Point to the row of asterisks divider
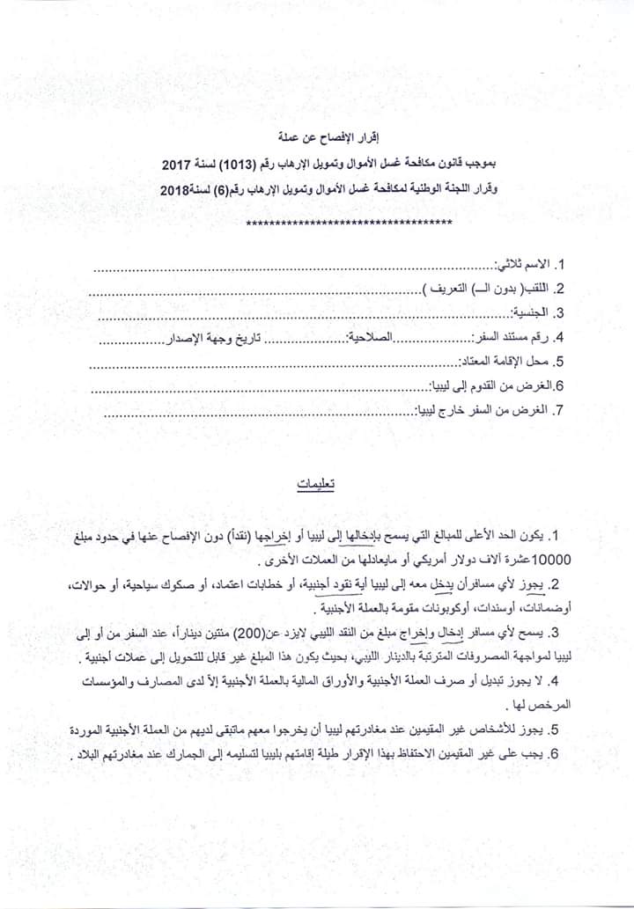(x=350, y=223)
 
